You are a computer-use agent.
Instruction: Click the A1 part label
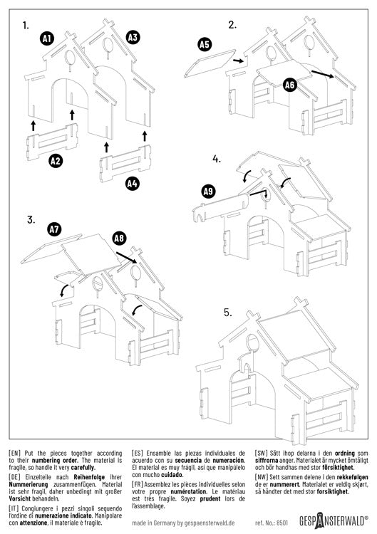(46, 39)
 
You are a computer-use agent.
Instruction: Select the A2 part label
(56, 162)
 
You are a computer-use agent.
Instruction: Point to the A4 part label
(132, 184)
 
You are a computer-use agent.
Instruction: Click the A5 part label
(205, 45)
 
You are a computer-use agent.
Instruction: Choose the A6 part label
(289, 85)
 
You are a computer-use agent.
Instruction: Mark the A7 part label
(54, 229)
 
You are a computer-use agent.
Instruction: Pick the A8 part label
(119, 239)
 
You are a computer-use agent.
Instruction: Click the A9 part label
(208, 191)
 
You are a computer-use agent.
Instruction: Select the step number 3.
(31, 220)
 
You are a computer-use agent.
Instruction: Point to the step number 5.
(227, 313)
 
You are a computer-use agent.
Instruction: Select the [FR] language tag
(140, 492)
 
